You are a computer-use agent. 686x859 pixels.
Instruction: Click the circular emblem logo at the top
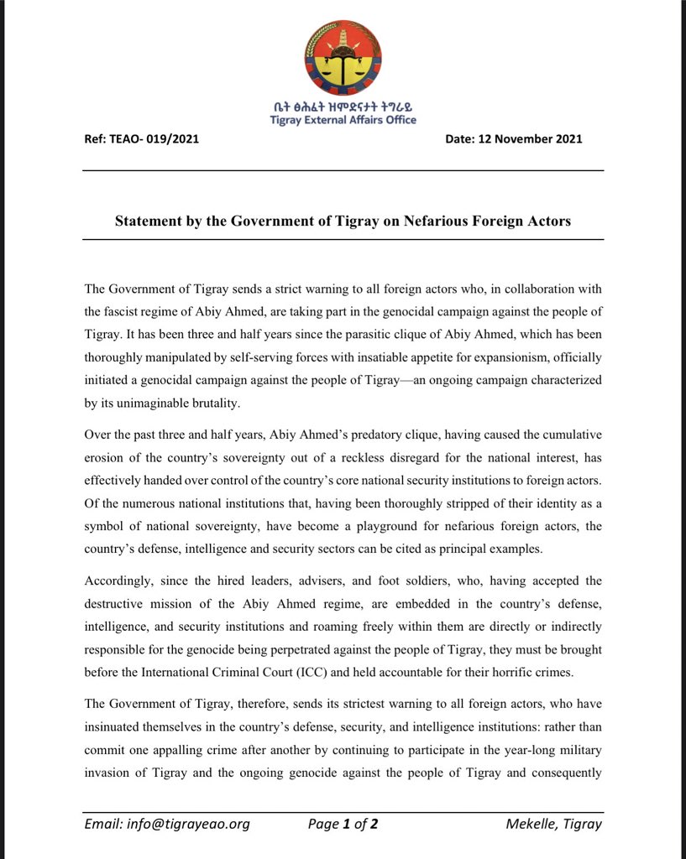point(343,58)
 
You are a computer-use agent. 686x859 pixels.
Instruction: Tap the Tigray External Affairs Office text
point(343,120)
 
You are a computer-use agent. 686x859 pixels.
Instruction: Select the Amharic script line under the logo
point(343,107)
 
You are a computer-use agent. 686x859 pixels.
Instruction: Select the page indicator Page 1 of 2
point(343,824)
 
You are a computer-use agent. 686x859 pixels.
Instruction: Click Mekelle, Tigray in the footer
point(554,824)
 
